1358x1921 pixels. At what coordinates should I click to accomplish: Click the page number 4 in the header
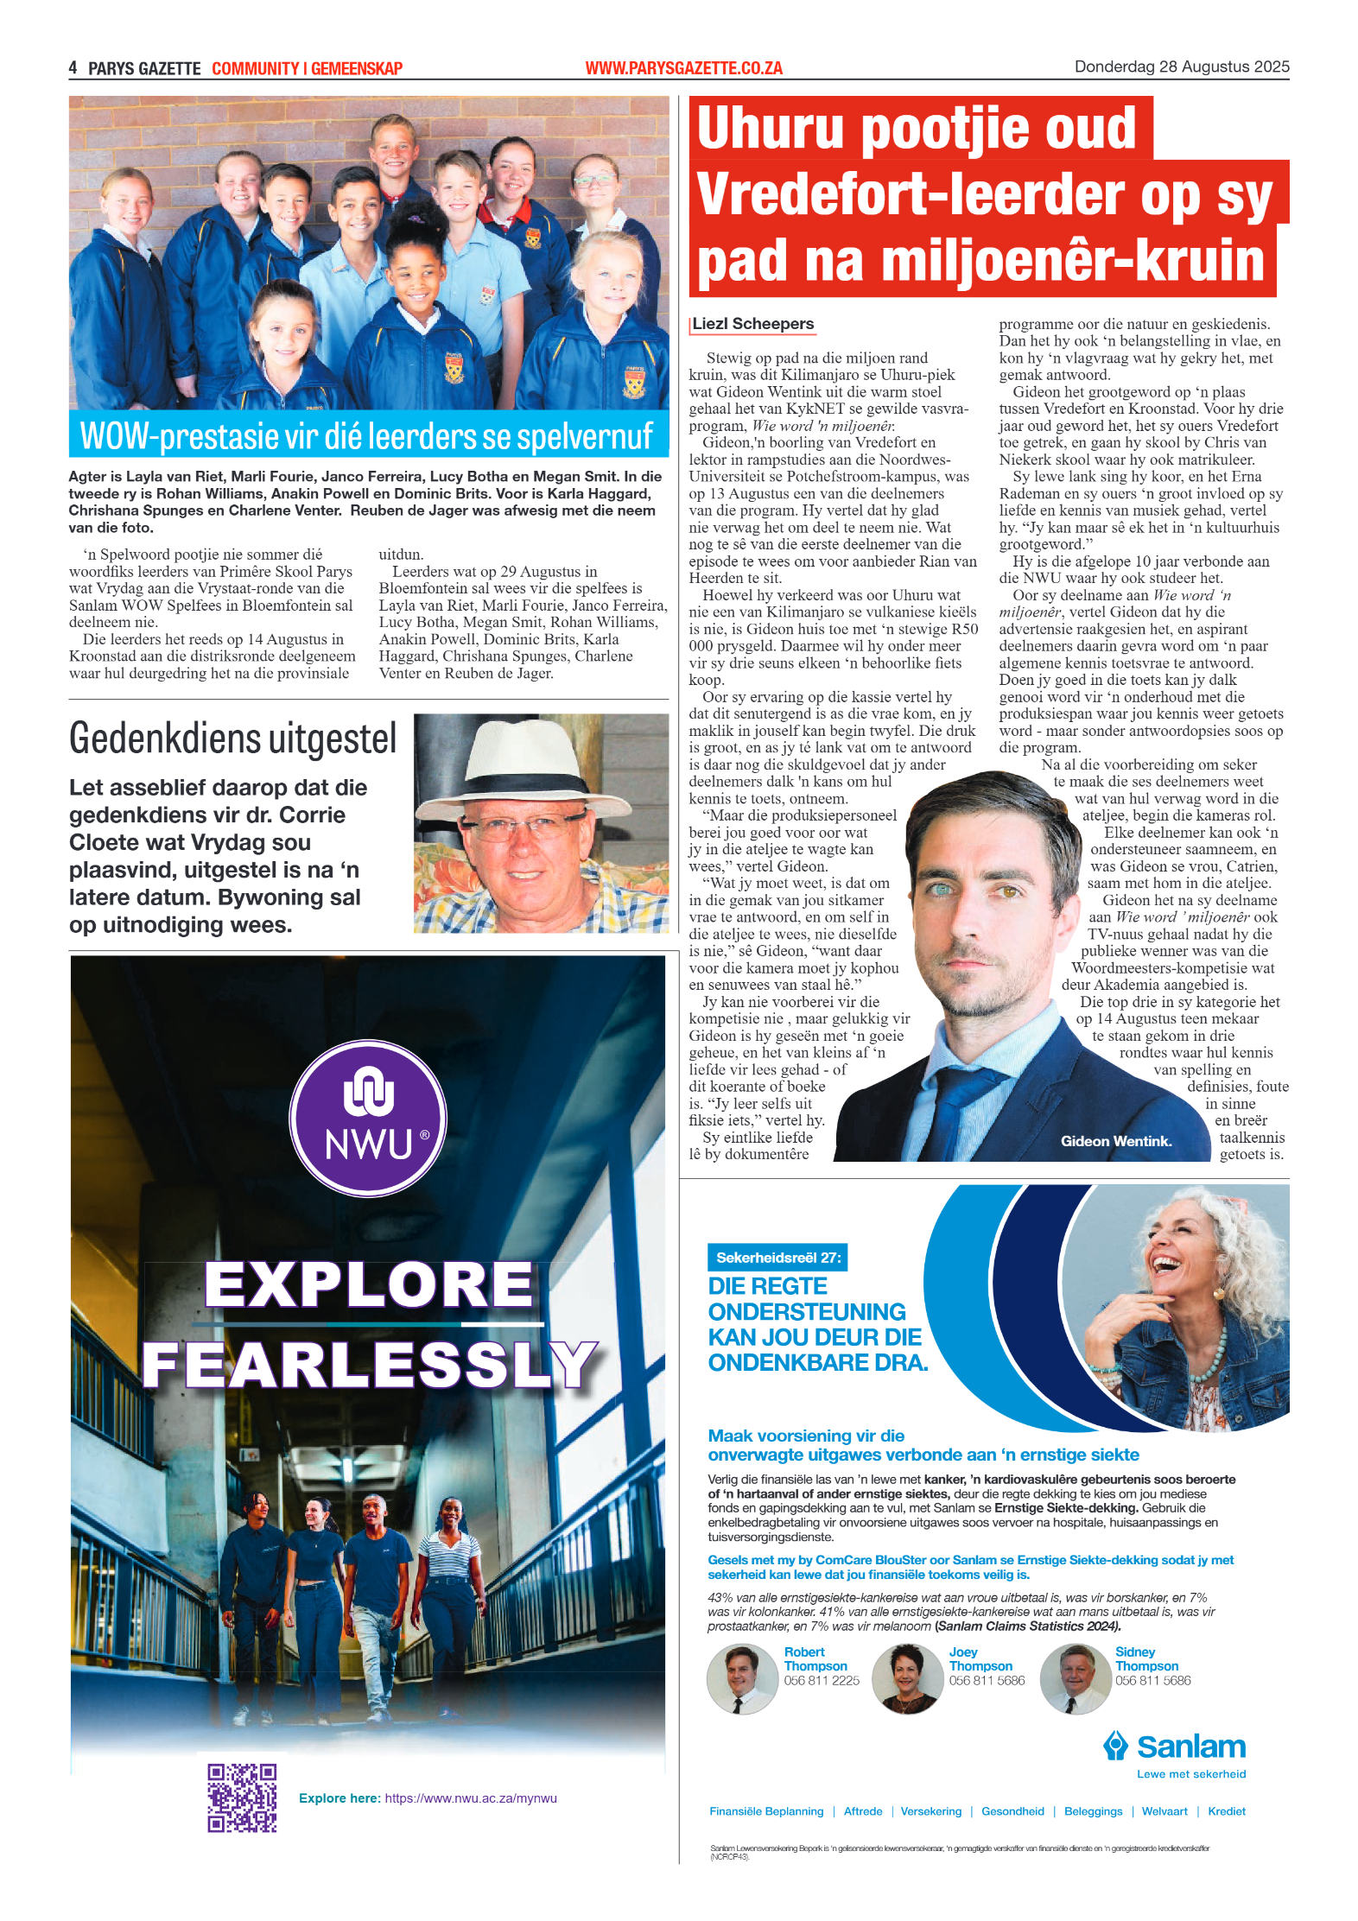[x=73, y=68]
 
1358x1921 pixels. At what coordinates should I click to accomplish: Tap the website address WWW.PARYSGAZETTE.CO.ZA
[x=683, y=68]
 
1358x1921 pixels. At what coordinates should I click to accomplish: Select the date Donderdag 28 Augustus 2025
[x=1181, y=67]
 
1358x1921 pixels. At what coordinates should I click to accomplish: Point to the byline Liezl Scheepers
[x=753, y=324]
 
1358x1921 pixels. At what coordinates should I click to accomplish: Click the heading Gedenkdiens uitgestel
[x=233, y=739]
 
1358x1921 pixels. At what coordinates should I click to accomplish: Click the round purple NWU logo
[x=368, y=1118]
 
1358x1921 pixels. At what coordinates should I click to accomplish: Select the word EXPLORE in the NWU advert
[x=369, y=1284]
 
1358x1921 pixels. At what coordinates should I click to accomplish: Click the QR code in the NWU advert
[x=242, y=1797]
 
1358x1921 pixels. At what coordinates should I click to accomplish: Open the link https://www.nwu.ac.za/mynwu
[x=471, y=1798]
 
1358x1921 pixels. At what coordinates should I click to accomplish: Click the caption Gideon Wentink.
[x=1116, y=1141]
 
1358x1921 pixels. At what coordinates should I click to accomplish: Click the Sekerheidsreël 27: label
[x=777, y=1258]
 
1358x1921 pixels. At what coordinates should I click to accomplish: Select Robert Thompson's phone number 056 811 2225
[x=822, y=1680]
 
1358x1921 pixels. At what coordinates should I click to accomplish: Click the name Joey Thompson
[x=980, y=1658]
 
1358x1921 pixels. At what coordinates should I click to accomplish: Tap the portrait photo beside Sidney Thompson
[x=1075, y=1678]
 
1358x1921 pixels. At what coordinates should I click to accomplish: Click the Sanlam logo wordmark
[x=1190, y=1747]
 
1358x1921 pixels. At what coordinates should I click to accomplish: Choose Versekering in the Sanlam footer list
[x=930, y=1811]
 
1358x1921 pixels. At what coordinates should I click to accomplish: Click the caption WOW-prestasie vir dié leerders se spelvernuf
[x=366, y=436]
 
